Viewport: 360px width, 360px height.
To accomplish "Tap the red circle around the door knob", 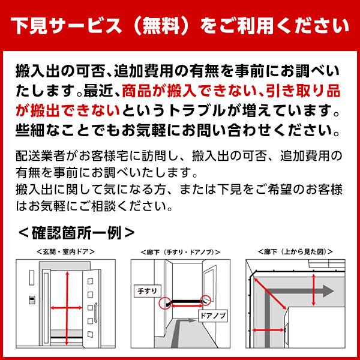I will (x=206, y=298).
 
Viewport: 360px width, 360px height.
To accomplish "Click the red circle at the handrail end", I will (x=163, y=303).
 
